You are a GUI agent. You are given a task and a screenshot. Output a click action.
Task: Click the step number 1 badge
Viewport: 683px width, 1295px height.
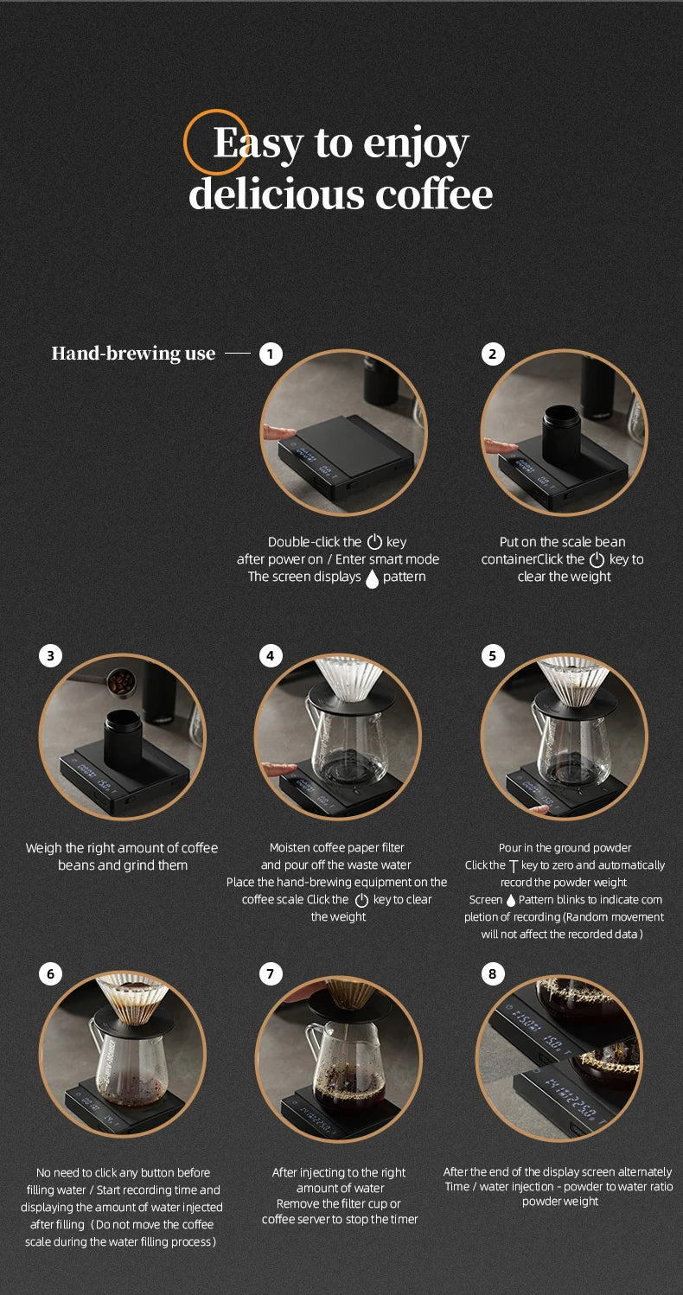[x=271, y=354]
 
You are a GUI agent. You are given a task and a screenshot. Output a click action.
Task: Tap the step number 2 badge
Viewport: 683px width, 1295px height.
[x=493, y=354]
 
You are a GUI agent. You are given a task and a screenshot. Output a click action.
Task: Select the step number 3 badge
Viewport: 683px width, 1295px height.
[x=50, y=655]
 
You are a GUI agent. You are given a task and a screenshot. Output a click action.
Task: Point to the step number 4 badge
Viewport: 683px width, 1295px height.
[x=271, y=655]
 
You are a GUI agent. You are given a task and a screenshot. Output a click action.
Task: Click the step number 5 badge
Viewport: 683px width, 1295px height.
[x=493, y=655]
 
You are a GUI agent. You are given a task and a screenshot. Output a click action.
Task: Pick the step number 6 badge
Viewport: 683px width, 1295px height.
[x=50, y=973]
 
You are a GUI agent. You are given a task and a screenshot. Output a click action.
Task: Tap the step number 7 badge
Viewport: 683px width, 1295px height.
[x=271, y=973]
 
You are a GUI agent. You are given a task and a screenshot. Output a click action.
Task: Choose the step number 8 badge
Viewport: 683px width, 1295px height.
[x=493, y=973]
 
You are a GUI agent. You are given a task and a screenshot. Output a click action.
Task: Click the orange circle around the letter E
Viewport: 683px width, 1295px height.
[x=184, y=143]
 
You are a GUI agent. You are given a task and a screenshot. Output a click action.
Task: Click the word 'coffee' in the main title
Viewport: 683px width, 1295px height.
[x=434, y=195]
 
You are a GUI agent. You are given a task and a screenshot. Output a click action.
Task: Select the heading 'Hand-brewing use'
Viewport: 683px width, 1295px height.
[x=134, y=353]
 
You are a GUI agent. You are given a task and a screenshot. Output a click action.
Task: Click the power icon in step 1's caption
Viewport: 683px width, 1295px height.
[x=374, y=542]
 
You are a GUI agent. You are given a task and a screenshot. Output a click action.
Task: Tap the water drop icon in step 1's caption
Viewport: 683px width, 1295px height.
[x=372, y=578]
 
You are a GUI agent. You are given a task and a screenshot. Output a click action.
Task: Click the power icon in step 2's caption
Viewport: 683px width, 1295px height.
[x=597, y=559]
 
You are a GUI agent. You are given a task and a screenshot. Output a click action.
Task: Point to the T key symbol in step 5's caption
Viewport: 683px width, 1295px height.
[x=513, y=866]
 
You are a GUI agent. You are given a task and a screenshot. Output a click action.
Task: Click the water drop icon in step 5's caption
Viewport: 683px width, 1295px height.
[x=511, y=900]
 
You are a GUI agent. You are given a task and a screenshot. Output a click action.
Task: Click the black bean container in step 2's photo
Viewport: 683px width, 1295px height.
[x=562, y=436]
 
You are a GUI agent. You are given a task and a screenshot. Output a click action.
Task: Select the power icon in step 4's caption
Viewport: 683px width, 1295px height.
[x=361, y=900]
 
